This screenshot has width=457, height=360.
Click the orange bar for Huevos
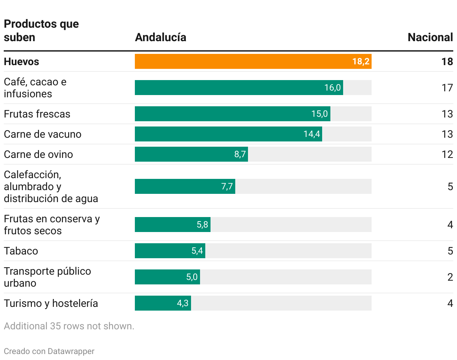pos(253,61)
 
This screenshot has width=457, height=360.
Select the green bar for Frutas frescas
pos(232,114)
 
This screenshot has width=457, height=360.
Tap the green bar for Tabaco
pos(170,251)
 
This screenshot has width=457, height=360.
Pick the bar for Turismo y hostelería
pos(163,303)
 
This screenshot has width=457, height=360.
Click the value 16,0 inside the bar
pos(332,88)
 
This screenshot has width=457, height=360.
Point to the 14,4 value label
pos(312,134)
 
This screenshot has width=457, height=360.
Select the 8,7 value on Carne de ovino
pos(240,154)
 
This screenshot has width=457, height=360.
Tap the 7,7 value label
pos(227,186)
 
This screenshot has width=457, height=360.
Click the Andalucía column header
pos(160,37)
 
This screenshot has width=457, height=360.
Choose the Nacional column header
pos(430,37)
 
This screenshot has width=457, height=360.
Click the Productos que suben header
pos(41,31)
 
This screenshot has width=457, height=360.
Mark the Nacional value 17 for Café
pos(447,88)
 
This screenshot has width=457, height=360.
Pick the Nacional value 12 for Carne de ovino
pos(447,154)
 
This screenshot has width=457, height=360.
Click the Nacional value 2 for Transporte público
pos(450,277)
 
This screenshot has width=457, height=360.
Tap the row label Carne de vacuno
pos(42,134)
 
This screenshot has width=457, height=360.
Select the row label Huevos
pos(21,61)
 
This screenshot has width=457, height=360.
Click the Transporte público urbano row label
pos(47,277)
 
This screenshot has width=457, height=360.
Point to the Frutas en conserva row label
pos(52,225)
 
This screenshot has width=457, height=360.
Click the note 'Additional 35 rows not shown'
pos(69,326)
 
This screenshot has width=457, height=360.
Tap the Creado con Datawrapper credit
pos(49,351)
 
